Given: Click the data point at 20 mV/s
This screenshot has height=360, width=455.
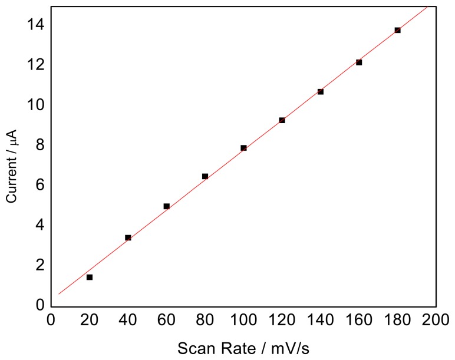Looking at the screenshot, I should [90, 277].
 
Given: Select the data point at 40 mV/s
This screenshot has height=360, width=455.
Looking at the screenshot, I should [128, 237].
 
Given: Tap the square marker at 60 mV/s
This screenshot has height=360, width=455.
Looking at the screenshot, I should [167, 206].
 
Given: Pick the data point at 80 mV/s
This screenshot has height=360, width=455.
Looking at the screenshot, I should [205, 176].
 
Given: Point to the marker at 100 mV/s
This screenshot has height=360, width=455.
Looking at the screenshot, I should [243, 148].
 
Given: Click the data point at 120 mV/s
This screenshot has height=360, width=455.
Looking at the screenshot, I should [282, 120].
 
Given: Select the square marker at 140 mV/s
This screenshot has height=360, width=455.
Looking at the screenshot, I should [321, 91].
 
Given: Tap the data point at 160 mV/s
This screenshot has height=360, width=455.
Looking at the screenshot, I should [359, 62].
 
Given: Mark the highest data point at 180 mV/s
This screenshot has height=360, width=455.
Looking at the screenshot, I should [397, 30].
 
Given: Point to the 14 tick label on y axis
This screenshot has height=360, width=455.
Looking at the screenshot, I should [37, 25].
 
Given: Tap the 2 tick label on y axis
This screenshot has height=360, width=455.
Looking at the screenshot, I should [40, 265].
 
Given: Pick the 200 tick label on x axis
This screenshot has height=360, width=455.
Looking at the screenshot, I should [436, 321].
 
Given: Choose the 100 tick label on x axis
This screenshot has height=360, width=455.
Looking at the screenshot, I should [243, 321].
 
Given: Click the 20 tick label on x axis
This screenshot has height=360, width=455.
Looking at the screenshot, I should [90, 321].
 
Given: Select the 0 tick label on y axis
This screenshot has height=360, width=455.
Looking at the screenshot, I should [40, 305].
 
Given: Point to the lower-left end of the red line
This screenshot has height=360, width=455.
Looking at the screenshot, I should [59, 293].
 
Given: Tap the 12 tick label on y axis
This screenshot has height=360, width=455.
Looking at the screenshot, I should [37, 65].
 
